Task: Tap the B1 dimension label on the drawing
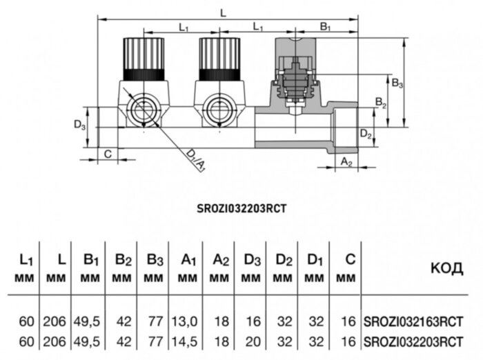(x=326, y=27)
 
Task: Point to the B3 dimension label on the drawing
(x=397, y=83)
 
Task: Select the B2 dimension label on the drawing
(x=380, y=102)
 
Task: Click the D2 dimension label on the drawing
(x=366, y=134)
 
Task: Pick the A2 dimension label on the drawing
(x=348, y=163)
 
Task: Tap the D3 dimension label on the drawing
(x=79, y=126)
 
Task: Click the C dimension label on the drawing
(x=107, y=153)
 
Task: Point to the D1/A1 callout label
(x=197, y=163)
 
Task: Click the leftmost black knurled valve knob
(x=144, y=57)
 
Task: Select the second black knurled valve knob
(x=219, y=57)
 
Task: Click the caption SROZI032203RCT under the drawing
(x=241, y=206)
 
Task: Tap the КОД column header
(x=446, y=268)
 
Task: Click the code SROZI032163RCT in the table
(x=413, y=321)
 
